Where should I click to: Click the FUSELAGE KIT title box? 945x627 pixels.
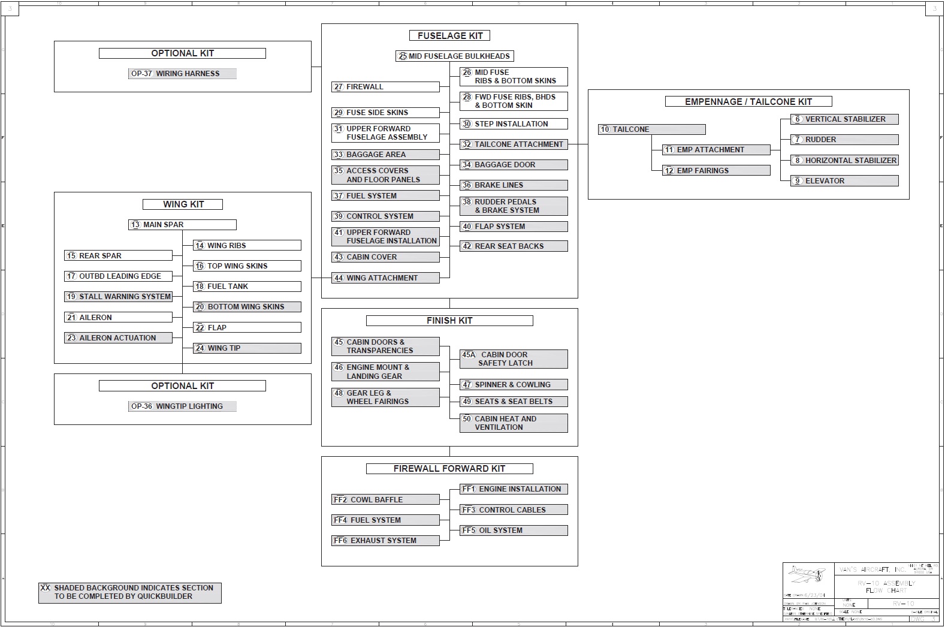(449, 36)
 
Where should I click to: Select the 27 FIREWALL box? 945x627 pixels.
(385, 87)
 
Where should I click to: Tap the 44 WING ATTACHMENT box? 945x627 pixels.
(385, 278)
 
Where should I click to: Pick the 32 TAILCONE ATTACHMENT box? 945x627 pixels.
(514, 144)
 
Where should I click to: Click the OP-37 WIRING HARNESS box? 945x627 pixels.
(182, 74)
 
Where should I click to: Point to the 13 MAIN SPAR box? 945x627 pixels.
(182, 225)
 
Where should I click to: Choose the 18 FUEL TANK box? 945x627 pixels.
(247, 287)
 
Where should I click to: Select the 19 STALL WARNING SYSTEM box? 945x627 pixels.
(119, 297)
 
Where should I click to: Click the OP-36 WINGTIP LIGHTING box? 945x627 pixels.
(182, 406)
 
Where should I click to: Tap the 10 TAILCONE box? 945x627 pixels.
(651, 129)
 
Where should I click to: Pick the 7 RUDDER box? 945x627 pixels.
(844, 140)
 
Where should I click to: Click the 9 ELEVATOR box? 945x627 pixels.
(844, 181)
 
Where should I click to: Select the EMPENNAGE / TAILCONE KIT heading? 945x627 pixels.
(748, 102)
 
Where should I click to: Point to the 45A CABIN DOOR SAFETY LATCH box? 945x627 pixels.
(514, 359)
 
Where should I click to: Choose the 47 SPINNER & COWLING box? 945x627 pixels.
(514, 385)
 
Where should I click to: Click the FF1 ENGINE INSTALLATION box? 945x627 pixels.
(514, 489)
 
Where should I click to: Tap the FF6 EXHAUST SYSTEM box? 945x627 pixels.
(385, 541)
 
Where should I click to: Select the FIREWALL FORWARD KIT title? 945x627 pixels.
(449, 469)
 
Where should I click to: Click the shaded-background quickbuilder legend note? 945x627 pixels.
(130, 592)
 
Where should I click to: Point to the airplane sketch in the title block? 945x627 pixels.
(807, 575)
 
